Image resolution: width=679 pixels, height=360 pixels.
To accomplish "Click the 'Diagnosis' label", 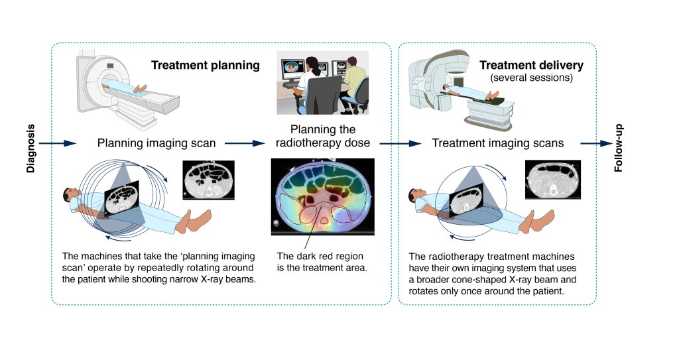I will (31, 148).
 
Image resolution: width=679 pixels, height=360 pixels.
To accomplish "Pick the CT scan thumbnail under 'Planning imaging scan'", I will (208, 180).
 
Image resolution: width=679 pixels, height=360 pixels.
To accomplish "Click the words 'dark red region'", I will (324, 256).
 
